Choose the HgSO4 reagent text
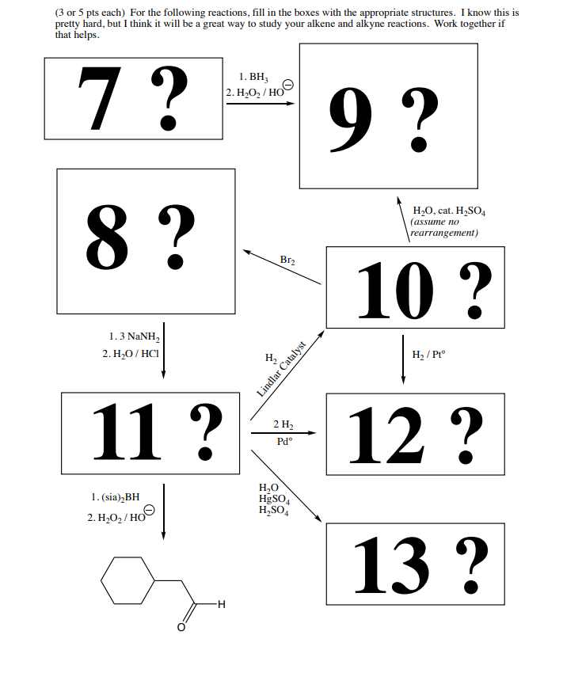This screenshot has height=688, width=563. (274, 500)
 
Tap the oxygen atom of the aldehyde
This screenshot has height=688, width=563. (181, 627)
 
